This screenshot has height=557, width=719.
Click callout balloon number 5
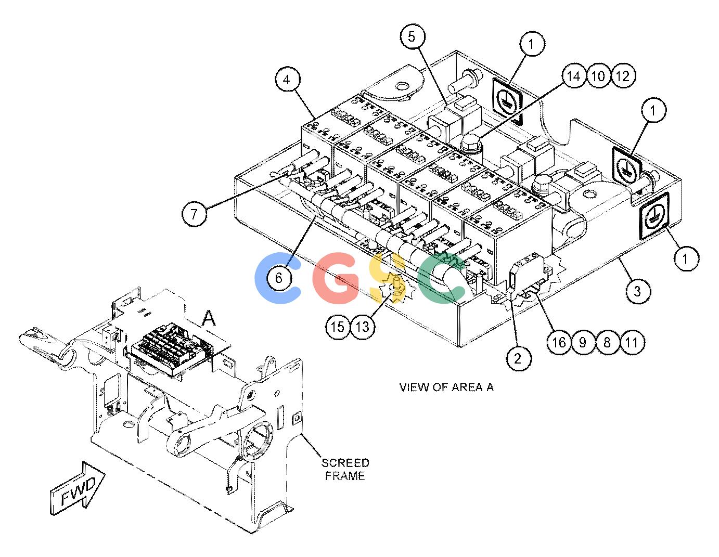(x=412, y=36)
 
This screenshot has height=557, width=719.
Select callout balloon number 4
(x=287, y=80)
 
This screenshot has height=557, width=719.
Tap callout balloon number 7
(x=195, y=214)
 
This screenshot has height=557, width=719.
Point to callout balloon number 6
(x=279, y=278)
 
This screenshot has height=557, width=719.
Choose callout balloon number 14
(x=574, y=76)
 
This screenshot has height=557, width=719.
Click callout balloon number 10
(x=598, y=76)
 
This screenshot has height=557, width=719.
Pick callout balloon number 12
(x=623, y=76)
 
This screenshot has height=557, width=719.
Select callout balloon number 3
(x=638, y=291)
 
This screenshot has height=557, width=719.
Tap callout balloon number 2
(x=518, y=358)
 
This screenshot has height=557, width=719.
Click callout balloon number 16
(x=559, y=342)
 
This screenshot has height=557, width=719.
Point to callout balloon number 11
(x=632, y=342)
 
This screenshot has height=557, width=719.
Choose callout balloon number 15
(x=338, y=327)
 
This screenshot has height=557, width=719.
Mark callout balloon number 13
(x=362, y=327)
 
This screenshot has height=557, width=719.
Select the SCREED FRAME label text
(x=345, y=469)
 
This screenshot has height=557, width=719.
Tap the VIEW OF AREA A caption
(x=446, y=387)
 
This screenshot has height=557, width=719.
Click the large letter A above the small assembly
(x=209, y=318)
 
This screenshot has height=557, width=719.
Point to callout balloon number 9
(x=583, y=342)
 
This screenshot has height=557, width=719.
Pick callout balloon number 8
(x=608, y=342)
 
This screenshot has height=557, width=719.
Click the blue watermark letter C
(x=277, y=278)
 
